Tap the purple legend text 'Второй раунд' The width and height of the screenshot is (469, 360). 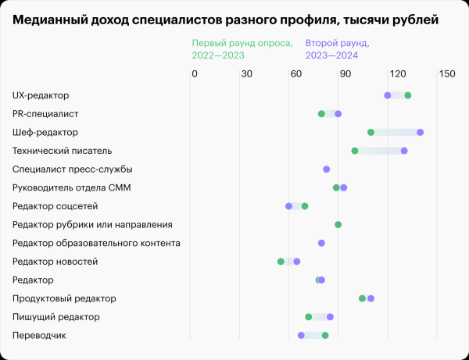click(338, 44)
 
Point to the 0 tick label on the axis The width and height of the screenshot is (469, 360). click(195, 74)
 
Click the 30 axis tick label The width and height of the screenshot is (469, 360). click(245, 74)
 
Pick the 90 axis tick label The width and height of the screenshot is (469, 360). click(345, 74)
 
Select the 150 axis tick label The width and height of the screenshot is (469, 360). click(446, 74)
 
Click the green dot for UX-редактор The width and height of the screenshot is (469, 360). click(408, 95)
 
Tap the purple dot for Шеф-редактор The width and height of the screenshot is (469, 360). click(421, 132)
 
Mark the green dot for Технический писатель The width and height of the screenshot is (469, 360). click(355, 151)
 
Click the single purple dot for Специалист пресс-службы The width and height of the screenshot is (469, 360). click(327, 169)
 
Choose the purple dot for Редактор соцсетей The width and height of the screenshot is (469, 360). click(289, 206)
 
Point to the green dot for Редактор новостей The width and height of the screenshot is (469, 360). click(281, 261)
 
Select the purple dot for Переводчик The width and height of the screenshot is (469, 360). click(301, 335)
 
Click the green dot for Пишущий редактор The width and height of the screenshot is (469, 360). click(309, 317)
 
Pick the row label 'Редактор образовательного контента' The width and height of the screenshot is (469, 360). click(96, 243)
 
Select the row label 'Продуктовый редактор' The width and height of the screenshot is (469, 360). click(64, 298)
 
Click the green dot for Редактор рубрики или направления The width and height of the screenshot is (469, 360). click(338, 224)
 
